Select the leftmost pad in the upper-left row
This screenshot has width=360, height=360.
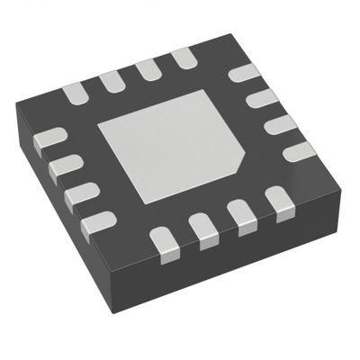(74, 91)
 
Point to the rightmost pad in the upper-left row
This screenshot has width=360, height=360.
(184, 58)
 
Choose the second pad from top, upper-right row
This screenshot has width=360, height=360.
(262, 97)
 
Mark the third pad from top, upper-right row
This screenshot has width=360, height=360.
(280, 123)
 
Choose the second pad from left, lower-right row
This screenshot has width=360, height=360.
(205, 231)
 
